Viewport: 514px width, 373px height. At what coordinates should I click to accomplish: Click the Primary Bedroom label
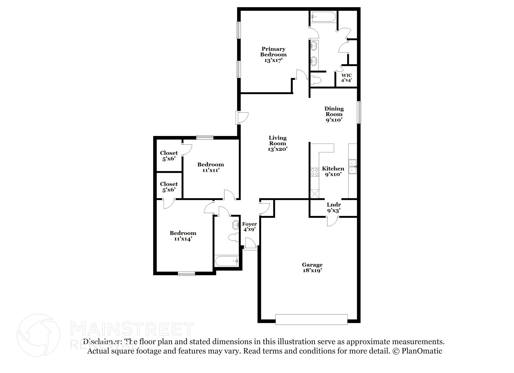click(273, 52)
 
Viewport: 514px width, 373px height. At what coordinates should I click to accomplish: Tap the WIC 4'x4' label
click(346, 78)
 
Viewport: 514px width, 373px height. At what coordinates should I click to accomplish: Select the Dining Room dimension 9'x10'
click(334, 120)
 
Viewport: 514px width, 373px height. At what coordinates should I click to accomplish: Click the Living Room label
click(277, 141)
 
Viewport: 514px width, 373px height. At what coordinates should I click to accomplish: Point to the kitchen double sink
click(353, 167)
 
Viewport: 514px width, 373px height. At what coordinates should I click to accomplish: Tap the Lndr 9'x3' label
click(334, 208)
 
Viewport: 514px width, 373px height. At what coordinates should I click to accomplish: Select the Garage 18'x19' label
click(312, 268)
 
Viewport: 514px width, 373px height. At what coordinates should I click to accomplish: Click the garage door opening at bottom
click(311, 319)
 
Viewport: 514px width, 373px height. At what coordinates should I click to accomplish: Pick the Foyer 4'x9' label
click(249, 226)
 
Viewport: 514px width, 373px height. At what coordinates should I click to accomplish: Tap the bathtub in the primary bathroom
click(323, 17)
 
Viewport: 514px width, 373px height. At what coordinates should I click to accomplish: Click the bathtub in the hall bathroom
click(226, 261)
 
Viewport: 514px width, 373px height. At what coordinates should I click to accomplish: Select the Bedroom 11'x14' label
click(183, 236)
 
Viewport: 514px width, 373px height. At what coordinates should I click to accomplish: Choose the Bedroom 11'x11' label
click(211, 167)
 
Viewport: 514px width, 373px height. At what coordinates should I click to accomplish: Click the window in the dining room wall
click(359, 112)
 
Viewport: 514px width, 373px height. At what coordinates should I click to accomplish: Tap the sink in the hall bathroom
click(236, 225)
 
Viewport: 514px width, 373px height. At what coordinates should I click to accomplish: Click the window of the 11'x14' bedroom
click(186, 274)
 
